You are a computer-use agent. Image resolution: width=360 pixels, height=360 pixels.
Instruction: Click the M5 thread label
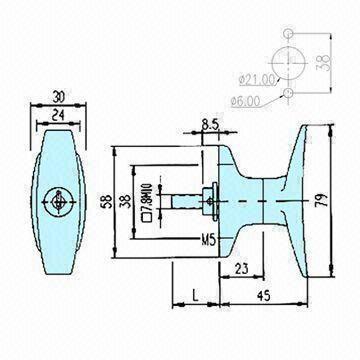(208, 241)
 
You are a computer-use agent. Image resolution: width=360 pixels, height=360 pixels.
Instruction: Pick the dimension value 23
(243, 268)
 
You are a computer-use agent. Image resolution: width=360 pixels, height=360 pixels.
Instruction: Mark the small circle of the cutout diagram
(287, 92)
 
